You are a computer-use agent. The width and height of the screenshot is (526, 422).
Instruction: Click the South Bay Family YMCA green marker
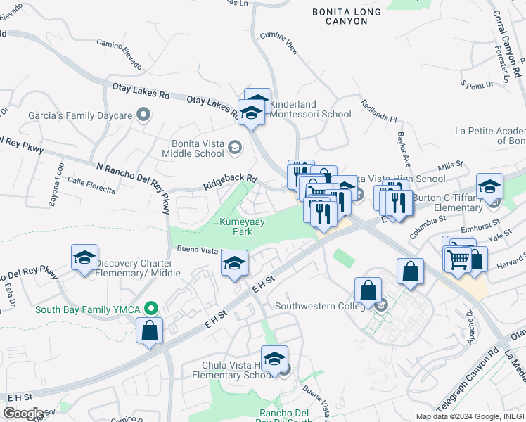[x=150, y=309]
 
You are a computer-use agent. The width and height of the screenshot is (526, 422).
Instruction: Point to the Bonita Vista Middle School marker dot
[x=233, y=148]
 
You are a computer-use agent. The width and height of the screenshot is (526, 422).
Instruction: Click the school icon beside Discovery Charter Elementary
[x=85, y=257]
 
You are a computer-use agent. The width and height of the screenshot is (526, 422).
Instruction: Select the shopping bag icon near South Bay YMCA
[x=150, y=330]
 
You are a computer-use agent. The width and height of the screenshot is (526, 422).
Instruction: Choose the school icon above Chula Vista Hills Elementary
[x=275, y=357]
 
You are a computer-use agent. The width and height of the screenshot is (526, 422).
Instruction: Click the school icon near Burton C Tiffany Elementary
[x=489, y=186]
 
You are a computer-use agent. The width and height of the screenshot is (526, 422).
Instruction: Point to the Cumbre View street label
[x=279, y=43]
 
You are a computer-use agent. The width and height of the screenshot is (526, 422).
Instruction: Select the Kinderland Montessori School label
[x=310, y=109]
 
